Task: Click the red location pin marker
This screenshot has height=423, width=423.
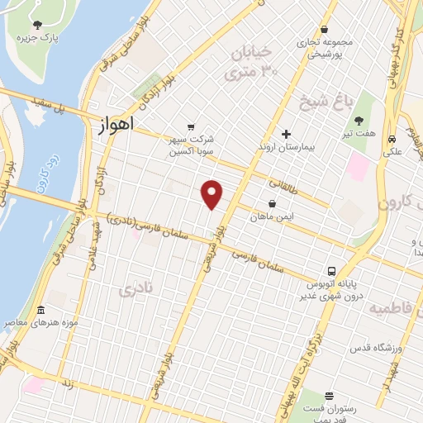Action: (x=212, y=194)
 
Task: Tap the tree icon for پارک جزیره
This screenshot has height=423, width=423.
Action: (x=37, y=25)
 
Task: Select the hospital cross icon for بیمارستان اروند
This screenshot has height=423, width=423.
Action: (x=287, y=134)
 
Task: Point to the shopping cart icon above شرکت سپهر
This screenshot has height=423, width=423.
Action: (x=192, y=127)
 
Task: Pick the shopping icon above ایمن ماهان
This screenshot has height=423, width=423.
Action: (x=272, y=203)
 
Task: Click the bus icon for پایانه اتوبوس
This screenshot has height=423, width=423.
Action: (x=331, y=271)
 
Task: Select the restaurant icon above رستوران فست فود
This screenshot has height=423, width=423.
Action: (x=329, y=397)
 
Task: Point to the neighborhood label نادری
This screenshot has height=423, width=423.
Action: (x=136, y=290)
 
